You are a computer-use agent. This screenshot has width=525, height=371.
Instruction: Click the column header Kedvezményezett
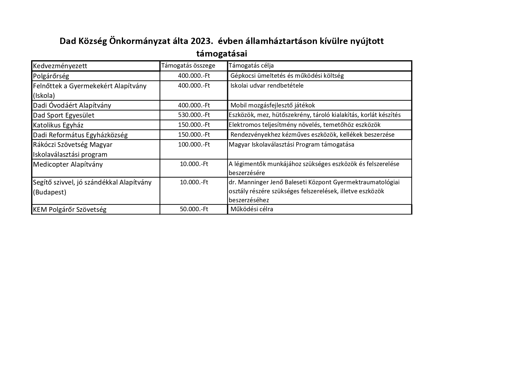[x=60, y=66]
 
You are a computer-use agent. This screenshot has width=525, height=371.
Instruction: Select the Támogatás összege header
[x=188, y=66]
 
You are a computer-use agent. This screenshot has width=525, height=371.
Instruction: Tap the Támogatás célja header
[x=251, y=66]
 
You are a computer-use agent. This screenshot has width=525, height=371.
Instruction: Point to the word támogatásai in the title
[x=221, y=54]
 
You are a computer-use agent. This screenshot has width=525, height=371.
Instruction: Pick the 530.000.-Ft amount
[x=194, y=115]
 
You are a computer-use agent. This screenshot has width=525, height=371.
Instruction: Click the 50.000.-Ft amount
[x=194, y=209]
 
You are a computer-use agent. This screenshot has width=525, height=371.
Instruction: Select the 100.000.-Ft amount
[x=194, y=145]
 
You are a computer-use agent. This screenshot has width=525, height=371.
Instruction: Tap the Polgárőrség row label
[x=51, y=76]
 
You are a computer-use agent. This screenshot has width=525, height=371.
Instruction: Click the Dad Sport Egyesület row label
[x=63, y=115]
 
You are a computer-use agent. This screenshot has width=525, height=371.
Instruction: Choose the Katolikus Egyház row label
[x=58, y=125]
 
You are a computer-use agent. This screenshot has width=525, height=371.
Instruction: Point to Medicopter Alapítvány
[x=68, y=164]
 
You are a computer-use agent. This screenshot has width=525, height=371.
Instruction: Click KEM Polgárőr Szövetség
[x=69, y=209]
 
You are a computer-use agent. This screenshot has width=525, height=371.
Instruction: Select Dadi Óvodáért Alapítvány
[x=72, y=105]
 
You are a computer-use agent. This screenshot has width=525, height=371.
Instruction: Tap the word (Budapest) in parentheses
[x=50, y=192]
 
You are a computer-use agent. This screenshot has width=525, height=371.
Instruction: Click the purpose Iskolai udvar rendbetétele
[x=267, y=86]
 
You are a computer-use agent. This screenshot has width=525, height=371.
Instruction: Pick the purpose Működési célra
[x=252, y=209]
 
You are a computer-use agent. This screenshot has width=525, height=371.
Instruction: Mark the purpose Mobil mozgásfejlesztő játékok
[x=272, y=105]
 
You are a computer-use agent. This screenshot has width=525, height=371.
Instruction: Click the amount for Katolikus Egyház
[x=194, y=125]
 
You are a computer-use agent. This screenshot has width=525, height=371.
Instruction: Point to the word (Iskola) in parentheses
[x=44, y=96]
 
